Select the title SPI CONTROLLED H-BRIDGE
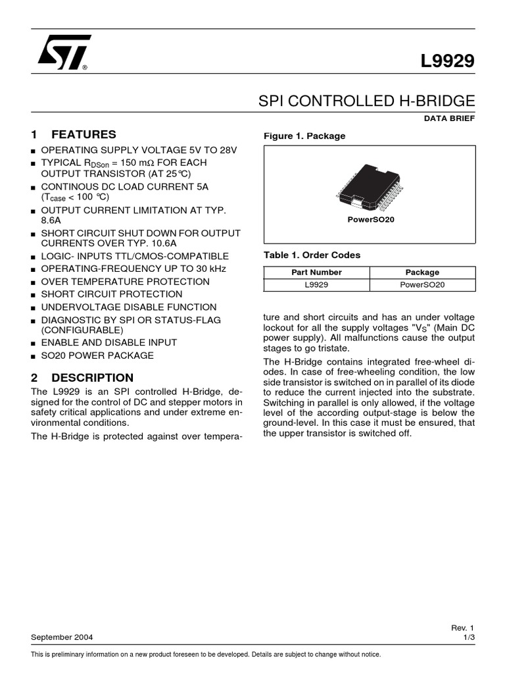coord(366,101)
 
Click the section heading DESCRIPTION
coord(92,378)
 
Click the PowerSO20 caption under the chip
coord(370,219)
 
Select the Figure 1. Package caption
coord(304,136)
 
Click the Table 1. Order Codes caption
coord(312,255)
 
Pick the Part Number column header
coord(316,272)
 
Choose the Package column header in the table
coord(422,272)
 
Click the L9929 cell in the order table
coord(316,285)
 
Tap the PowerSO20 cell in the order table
coord(422,285)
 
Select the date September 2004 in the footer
coord(62,638)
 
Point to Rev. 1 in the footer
coord(462,628)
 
